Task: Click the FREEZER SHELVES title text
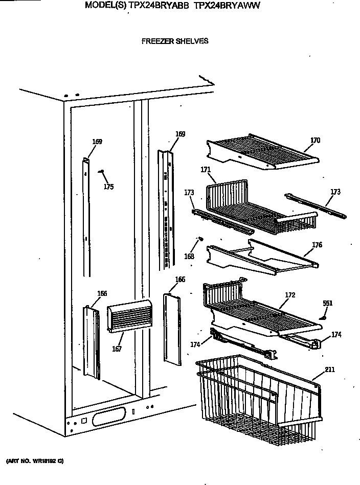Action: (x=174, y=41)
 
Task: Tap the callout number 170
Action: (x=315, y=141)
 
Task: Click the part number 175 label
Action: (x=108, y=187)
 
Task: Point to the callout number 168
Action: (x=190, y=256)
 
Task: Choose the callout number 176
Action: (x=317, y=245)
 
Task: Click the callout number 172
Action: (x=290, y=295)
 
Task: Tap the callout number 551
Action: (x=327, y=304)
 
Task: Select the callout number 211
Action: (x=329, y=369)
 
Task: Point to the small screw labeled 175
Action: (x=102, y=172)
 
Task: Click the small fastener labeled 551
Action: (x=322, y=318)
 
